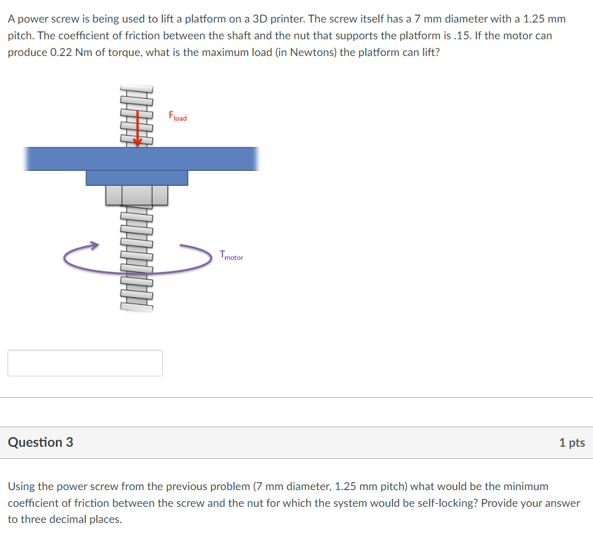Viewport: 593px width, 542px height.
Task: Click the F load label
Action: pos(177,116)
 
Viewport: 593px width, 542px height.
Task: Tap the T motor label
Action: pos(231,256)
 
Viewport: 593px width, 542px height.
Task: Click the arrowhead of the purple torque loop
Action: pos(93,246)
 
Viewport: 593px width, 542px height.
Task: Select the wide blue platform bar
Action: pos(141,159)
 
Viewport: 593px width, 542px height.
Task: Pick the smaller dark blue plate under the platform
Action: pos(137,178)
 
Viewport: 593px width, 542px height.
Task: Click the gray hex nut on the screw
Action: pos(137,195)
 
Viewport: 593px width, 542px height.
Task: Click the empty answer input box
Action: pos(85,363)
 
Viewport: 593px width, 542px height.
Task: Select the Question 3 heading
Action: pos(40,443)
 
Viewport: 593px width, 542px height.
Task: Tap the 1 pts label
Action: pos(572,443)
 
